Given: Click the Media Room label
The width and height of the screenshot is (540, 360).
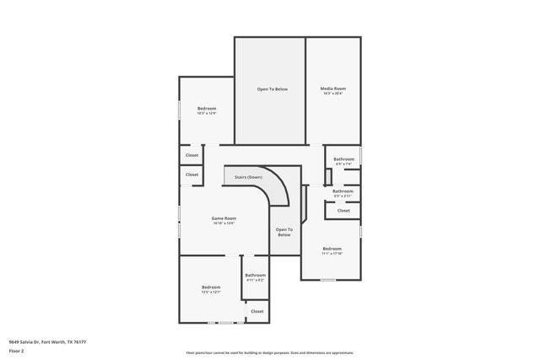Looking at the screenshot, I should (332, 89).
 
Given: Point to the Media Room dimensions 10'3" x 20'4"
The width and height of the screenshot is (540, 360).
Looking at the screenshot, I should (332, 94).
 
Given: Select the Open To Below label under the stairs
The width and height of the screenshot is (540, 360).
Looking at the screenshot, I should (284, 232).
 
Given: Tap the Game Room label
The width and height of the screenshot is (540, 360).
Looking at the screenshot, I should (224, 218).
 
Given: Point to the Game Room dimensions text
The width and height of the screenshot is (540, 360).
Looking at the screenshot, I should (224, 223).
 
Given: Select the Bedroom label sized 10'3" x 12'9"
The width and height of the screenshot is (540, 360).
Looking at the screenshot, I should (207, 108).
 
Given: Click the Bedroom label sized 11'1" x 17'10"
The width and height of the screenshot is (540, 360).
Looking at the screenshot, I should (332, 248).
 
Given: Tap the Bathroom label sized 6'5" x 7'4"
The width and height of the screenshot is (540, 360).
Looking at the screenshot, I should (343, 159).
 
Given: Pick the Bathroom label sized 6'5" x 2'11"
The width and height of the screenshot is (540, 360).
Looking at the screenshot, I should (343, 191).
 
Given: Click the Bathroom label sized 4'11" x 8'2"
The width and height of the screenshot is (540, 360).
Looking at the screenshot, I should (256, 275).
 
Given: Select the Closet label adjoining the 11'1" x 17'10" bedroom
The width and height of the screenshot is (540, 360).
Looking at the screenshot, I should (343, 211).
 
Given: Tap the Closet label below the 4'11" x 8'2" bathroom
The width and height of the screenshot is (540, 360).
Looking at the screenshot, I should (256, 311).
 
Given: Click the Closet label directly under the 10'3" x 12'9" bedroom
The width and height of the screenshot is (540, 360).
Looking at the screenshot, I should (192, 155).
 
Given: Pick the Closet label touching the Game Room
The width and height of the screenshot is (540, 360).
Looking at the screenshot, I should (192, 175).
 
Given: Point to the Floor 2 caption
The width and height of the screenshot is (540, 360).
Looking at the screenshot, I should (16, 350).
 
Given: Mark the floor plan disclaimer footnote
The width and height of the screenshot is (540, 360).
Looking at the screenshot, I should (270, 352).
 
